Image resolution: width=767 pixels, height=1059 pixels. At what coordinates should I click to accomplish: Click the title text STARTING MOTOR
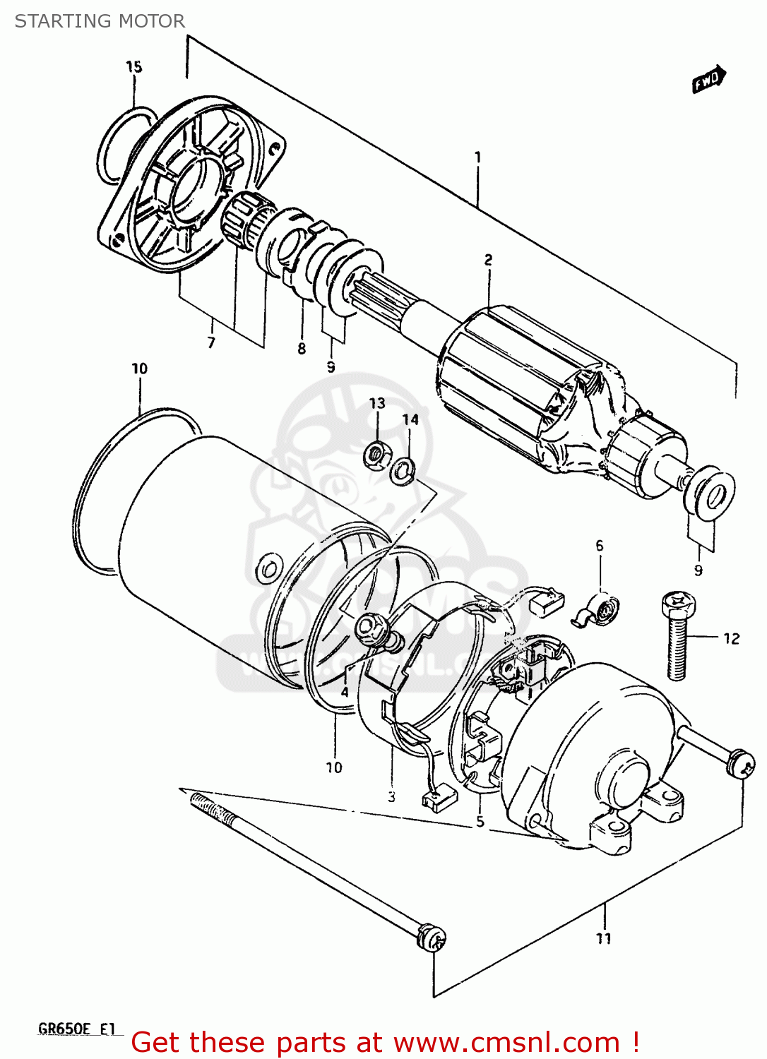coord(100,21)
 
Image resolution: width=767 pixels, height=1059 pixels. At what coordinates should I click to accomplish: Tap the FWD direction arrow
coord(708,79)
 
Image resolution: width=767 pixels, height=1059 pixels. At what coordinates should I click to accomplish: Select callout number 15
coord(133,66)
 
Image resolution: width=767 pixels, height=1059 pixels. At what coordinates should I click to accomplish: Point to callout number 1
coord(477,157)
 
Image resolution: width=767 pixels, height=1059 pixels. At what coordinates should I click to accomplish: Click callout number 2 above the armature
coord(488,260)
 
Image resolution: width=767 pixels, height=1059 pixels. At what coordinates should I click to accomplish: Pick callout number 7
coord(210,343)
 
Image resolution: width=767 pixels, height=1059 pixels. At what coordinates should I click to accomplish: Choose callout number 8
coord(302,348)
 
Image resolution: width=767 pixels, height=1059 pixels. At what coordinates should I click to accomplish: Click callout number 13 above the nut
coord(377,403)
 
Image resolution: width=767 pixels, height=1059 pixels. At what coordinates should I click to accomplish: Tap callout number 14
coord(410,419)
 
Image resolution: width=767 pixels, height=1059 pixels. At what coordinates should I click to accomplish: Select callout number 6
coord(600,546)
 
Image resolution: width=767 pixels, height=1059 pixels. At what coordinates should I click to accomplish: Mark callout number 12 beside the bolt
coord(731,638)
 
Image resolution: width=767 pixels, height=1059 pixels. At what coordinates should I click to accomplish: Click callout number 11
coord(603,938)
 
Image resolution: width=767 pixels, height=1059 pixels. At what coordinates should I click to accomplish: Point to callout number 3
coord(391,797)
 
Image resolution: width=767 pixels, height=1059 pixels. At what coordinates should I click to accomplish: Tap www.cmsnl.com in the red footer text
coord(506,1043)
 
